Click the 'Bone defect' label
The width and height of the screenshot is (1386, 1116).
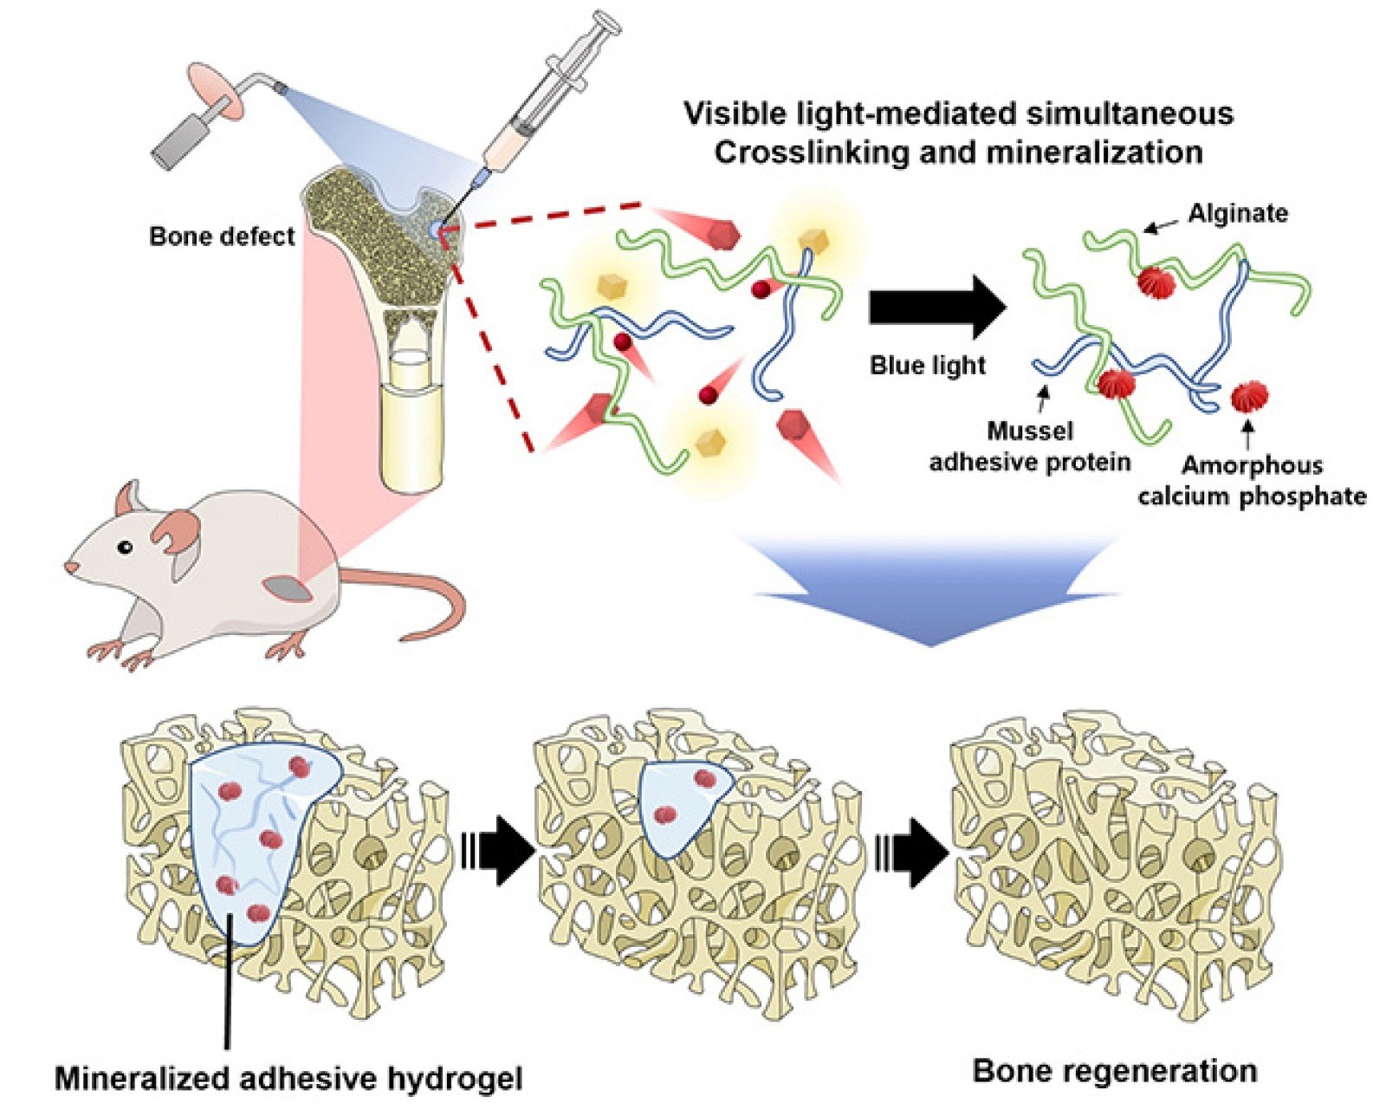click(222, 237)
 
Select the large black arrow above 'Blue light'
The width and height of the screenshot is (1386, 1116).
click(936, 307)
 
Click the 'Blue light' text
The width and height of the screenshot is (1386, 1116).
click(928, 365)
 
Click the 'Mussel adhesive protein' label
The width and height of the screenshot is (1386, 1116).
click(1030, 446)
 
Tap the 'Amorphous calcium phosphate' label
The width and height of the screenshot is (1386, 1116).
click(1252, 480)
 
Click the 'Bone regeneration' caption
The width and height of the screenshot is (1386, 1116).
click(1115, 1071)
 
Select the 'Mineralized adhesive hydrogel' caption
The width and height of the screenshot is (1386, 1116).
click(288, 1078)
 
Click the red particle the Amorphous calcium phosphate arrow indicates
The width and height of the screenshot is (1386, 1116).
click(1248, 397)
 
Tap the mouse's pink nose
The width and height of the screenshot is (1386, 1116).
click(68, 568)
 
